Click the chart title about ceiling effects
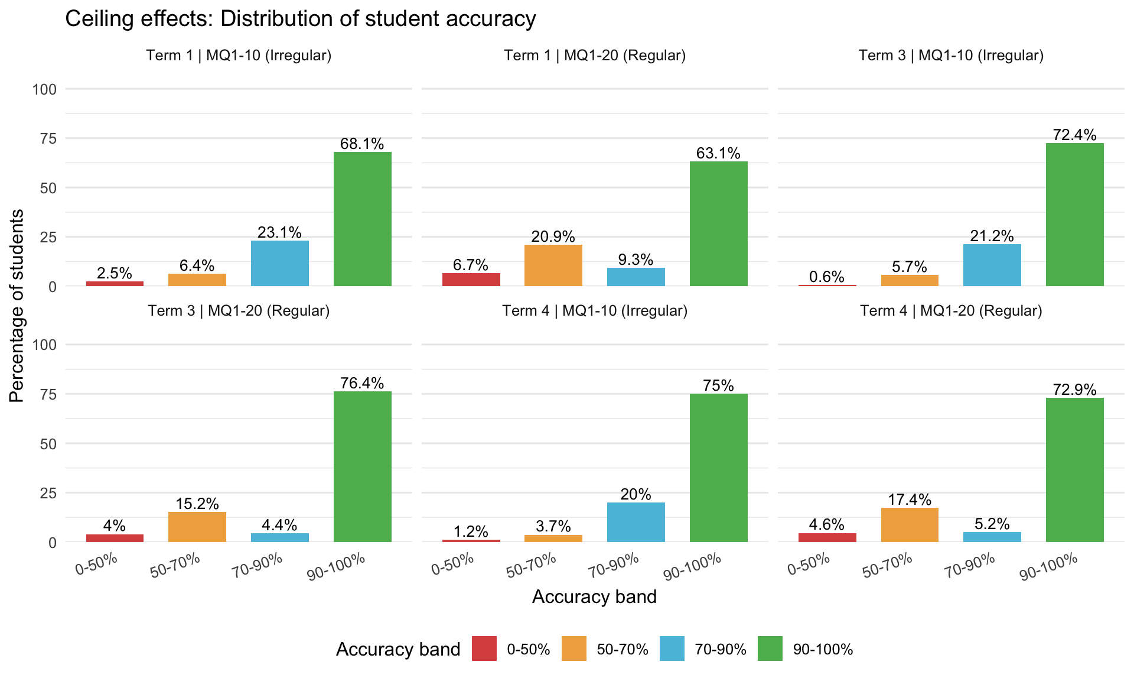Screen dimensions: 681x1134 pyautogui.click(x=300, y=19)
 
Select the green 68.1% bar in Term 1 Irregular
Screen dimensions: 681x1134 pyautogui.click(x=362, y=219)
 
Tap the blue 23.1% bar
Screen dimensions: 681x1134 pyautogui.click(x=280, y=263)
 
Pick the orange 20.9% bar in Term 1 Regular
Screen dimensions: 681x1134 pyautogui.click(x=553, y=265)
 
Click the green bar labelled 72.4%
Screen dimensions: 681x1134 pyautogui.click(x=1074, y=215)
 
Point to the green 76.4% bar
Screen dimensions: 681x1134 pyautogui.click(x=362, y=466)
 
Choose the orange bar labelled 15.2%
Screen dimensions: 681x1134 pyautogui.click(x=197, y=527)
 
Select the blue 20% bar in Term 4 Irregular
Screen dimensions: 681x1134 pyautogui.click(x=636, y=522)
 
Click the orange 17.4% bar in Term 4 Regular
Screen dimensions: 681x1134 pyautogui.click(x=910, y=525)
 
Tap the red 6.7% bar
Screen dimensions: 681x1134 pyautogui.click(x=471, y=280)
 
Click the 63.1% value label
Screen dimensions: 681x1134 pyautogui.click(x=718, y=154)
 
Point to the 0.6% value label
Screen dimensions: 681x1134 pyautogui.click(x=827, y=277)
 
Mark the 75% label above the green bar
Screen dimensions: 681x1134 pyautogui.click(x=718, y=386)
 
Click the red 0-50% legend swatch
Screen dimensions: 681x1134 pyautogui.click(x=484, y=648)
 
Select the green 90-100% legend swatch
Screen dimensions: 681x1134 pyautogui.click(x=770, y=648)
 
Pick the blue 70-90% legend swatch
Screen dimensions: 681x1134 pyautogui.click(x=672, y=648)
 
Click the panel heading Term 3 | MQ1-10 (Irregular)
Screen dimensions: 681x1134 pyautogui.click(x=951, y=56)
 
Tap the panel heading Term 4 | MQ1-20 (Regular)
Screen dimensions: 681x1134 pyautogui.click(x=951, y=311)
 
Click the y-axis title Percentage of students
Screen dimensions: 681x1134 pyautogui.click(x=17, y=306)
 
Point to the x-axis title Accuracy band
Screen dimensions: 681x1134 pyautogui.click(x=594, y=597)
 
